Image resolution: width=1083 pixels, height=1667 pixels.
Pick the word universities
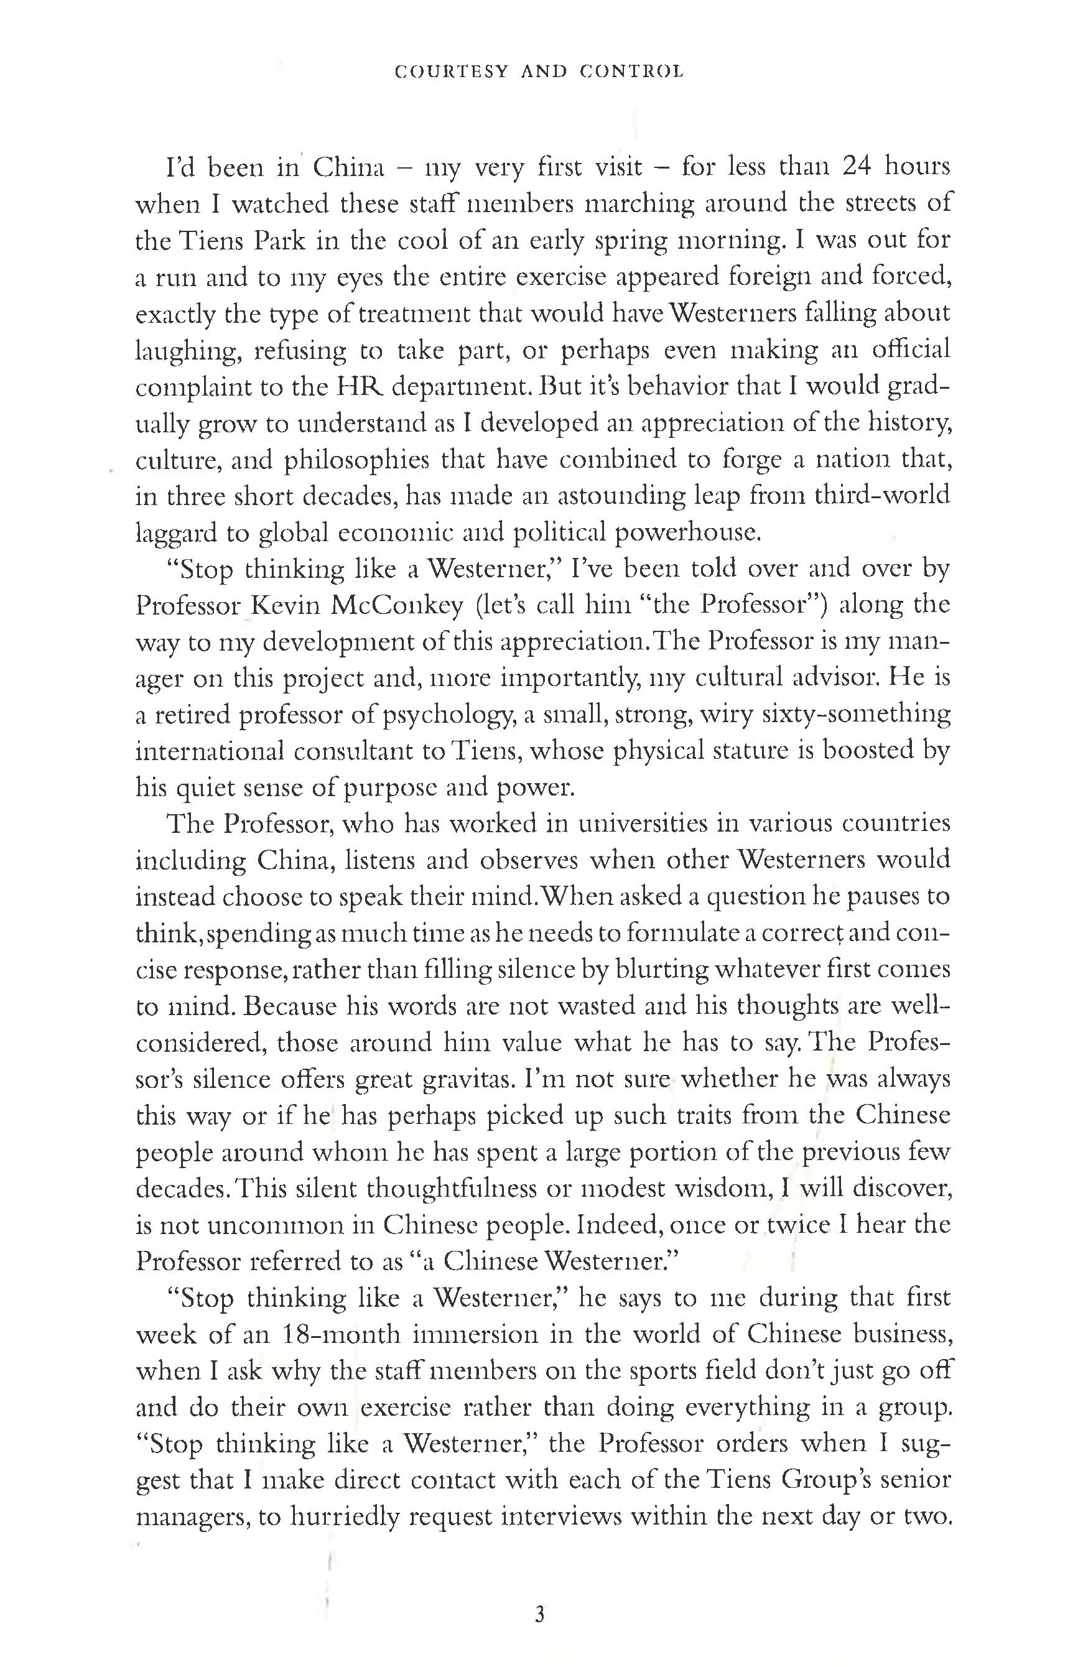pos(657,824)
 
